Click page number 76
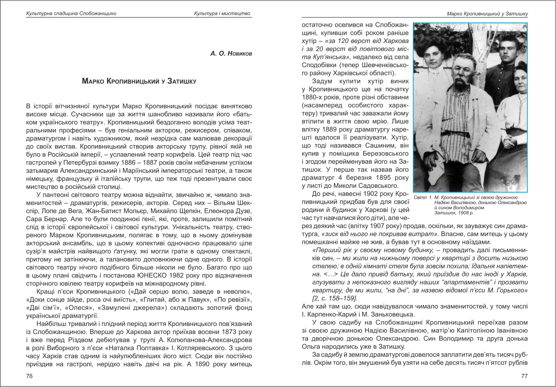(x=29, y=376)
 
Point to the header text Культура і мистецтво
(x=222, y=14)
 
